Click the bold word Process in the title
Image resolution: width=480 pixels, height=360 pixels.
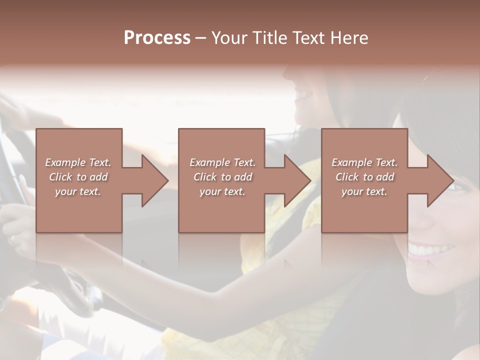coord(157,37)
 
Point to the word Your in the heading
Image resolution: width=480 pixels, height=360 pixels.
coord(229,37)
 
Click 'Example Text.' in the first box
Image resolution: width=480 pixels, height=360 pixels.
coord(78,162)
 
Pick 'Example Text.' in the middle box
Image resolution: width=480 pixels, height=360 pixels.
coord(222,162)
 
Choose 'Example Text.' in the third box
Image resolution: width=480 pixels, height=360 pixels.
coord(364,162)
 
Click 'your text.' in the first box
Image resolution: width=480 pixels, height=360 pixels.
coord(78,191)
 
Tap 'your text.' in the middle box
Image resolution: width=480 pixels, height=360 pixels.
coord(222,191)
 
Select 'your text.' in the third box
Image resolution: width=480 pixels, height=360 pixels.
coord(364,191)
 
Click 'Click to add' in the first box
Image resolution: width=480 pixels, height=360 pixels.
coord(78,177)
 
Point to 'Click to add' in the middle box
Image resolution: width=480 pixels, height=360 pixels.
coord(222,177)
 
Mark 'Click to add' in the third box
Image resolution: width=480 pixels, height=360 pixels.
coord(364,177)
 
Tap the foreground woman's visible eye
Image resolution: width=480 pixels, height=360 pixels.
coord(458,187)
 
